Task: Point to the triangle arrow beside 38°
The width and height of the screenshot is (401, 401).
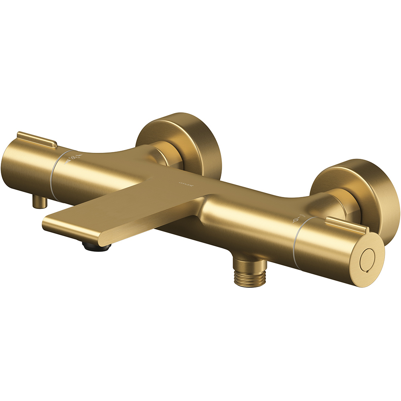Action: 67,157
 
